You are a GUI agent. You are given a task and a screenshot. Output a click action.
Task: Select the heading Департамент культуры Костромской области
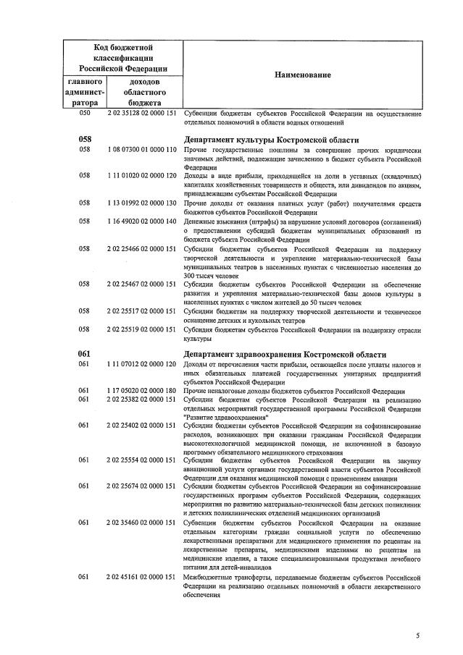272,140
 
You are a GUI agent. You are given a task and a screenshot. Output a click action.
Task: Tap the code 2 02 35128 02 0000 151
142,114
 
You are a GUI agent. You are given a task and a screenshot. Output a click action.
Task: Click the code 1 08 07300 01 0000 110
142,150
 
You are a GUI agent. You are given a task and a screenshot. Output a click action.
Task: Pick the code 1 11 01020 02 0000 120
142,176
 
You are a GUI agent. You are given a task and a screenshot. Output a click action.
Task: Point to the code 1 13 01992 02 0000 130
142,203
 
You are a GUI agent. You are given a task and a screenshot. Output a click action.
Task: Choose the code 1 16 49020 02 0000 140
142,221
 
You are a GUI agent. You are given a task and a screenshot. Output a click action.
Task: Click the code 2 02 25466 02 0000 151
142,248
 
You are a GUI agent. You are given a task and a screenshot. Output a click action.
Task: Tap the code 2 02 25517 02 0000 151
142,311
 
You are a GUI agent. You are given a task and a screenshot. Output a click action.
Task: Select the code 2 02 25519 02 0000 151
142,329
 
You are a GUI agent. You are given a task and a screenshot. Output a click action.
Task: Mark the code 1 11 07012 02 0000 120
142,364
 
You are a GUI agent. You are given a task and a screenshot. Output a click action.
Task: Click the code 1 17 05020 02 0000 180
142,390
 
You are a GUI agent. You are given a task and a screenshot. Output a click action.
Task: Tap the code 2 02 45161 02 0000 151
142,576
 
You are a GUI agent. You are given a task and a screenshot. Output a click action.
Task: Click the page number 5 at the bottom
417,635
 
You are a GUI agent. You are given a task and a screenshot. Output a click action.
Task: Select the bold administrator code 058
85,140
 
